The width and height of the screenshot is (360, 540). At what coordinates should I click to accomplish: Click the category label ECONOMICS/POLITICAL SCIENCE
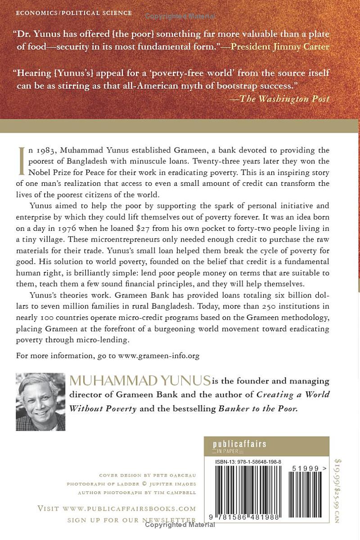(74, 13)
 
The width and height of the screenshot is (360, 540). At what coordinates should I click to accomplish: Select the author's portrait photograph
(40, 402)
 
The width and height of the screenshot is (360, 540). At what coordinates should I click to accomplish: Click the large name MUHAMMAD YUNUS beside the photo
(140, 382)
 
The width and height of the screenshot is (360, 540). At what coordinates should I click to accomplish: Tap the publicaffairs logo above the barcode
(239, 444)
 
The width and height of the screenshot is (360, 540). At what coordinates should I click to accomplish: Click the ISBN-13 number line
(243, 462)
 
